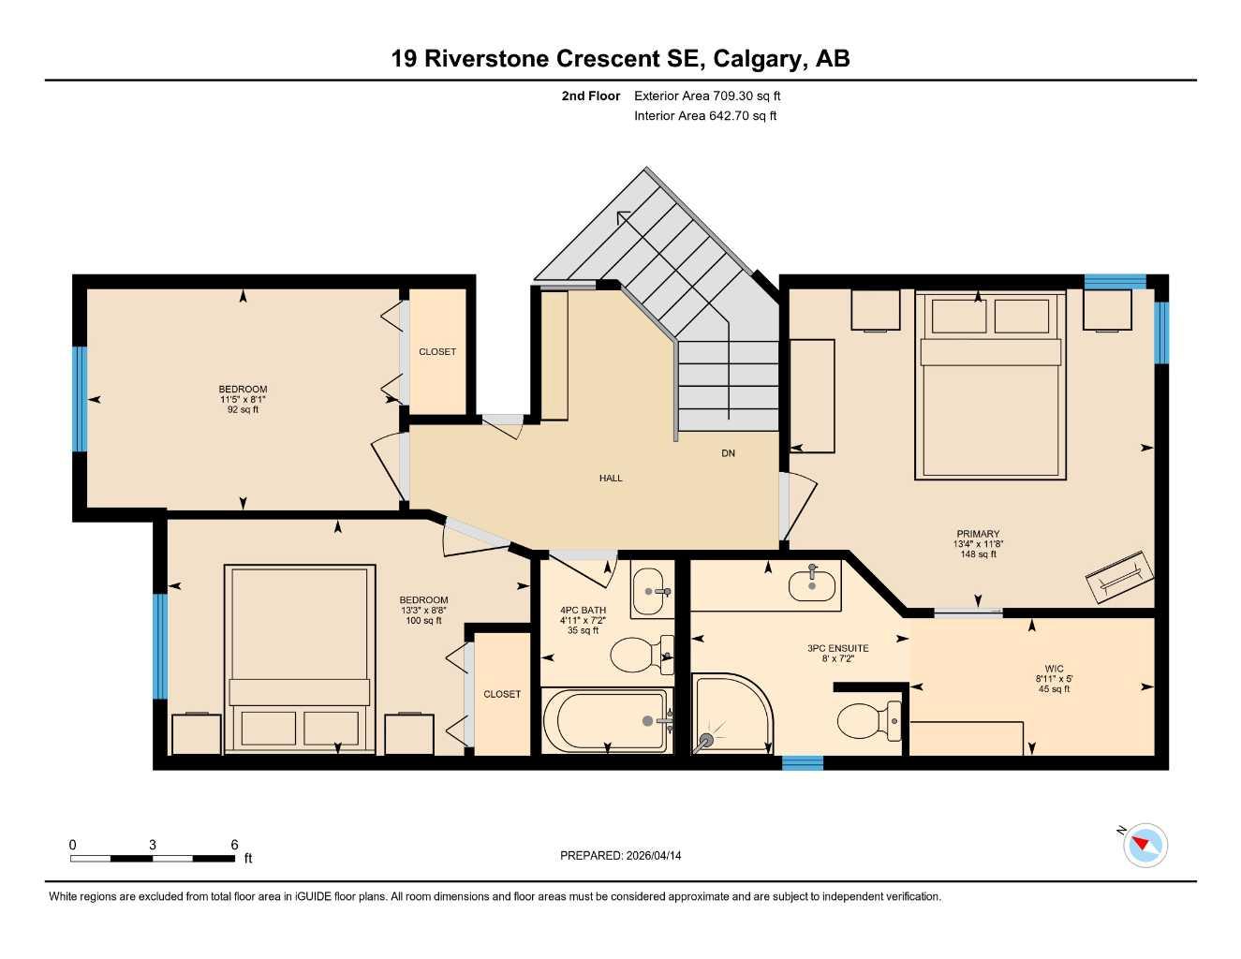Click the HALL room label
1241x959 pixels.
(611, 479)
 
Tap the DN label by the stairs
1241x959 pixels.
(728, 453)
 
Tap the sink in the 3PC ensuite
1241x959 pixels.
(811, 585)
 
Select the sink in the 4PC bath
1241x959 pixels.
(652, 591)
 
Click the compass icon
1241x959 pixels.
(1145, 846)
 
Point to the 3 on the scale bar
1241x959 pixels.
(153, 845)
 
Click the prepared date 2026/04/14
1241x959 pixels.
(620, 856)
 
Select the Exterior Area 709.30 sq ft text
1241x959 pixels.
(707, 96)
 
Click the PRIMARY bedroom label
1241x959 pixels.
(978, 534)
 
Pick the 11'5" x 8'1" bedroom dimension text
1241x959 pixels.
(243, 400)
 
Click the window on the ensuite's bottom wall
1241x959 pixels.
(803, 762)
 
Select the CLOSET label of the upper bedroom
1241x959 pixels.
(437, 352)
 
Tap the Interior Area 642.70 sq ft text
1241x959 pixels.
(705, 116)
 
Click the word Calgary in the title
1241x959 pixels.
(756, 59)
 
